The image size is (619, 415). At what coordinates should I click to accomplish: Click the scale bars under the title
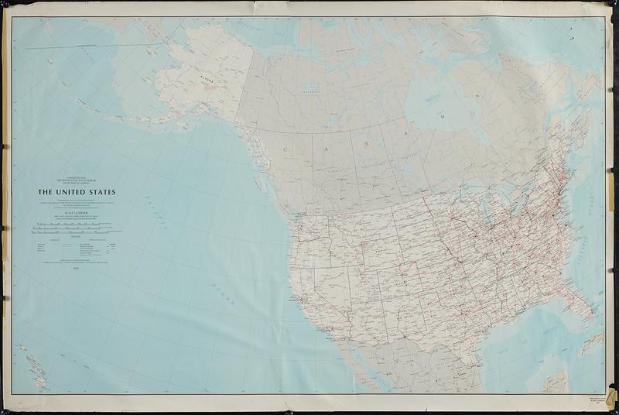75,228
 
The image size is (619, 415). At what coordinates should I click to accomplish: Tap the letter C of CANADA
285,149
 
